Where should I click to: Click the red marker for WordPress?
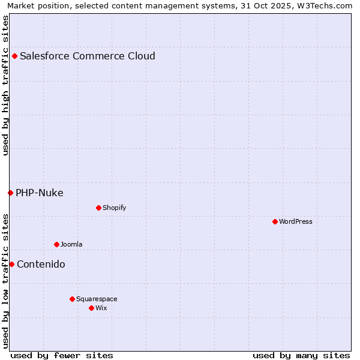click(x=275, y=221)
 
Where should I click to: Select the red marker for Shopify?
click(x=98, y=208)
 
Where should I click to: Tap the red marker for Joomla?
click(x=56, y=244)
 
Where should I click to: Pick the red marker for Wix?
click(x=91, y=308)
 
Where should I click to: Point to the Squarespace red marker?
click(x=72, y=299)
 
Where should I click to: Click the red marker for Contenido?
click(x=11, y=264)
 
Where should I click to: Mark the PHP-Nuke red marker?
click(x=10, y=193)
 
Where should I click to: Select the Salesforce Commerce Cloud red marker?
click(x=14, y=56)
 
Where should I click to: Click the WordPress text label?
click(x=296, y=221)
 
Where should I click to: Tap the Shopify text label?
click(x=114, y=208)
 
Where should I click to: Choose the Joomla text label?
click(x=71, y=244)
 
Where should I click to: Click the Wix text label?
click(x=101, y=308)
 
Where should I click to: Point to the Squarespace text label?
click(x=97, y=299)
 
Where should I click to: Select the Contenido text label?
click(x=41, y=264)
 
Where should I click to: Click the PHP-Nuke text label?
click(x=40, y=193)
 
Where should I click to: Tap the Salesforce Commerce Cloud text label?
click(x=88, y=56)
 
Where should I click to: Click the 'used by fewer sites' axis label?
click(x=62, y=355)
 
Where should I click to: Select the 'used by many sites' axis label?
click(x=301, y=355)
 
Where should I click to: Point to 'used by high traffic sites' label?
click(x=5, y=85)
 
